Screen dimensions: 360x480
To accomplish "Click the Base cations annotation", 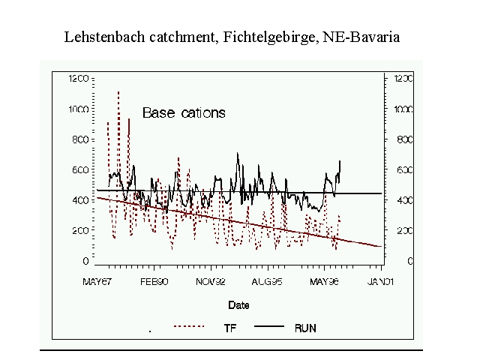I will [x=184, y=113].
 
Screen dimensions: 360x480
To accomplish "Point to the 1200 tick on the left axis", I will [x=79, y=78].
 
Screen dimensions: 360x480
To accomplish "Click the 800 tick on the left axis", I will [x=81, y=139].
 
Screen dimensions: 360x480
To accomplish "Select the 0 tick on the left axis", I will [x=86, y=261].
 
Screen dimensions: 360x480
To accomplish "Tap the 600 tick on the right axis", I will [x=402, y=170].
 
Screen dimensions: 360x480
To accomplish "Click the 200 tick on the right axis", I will [x=402, y=231].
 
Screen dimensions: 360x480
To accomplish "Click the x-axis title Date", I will [x=239, y=305].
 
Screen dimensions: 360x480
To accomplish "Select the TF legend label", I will [x=230, y=328].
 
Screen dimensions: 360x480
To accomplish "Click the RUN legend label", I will [x=305, y=328].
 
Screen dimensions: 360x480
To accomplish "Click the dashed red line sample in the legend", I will [x=188, y=327].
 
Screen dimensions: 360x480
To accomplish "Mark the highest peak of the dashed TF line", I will [x=118, y=91].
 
